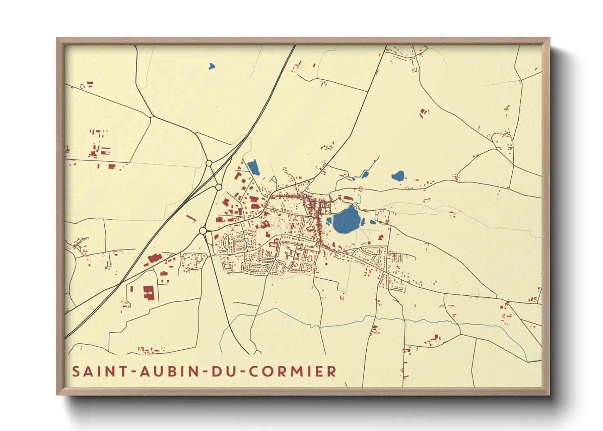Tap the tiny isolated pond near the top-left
tap(211, 66)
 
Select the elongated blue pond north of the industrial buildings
tap(253, 167)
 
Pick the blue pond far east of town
tap(398, 176)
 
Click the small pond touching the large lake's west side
tap(328, 222)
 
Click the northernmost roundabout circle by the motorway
tap(209, 163)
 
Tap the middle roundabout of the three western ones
tap(219, 187)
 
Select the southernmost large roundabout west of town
tap(203, 231)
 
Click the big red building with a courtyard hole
tap(149, 293)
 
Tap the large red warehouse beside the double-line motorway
tap(154, 258)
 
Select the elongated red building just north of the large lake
tap(348, 198)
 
